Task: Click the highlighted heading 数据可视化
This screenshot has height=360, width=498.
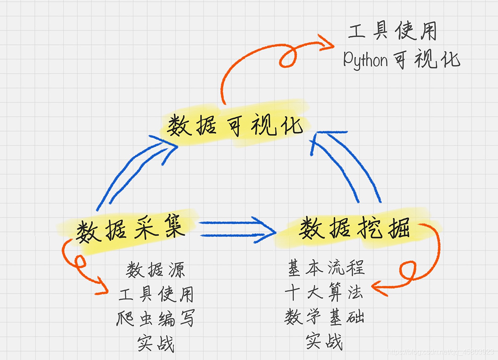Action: click(x=235, y=125)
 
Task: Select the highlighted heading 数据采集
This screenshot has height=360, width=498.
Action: click(x=130, y=230)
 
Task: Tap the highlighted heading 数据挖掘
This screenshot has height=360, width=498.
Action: click(x=354, y=229)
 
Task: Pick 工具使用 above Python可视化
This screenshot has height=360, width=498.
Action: click(x=392, y=31)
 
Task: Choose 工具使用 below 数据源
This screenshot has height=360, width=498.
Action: click(x=156, y=295)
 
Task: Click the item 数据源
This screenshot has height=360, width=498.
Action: click(x=156, y=270)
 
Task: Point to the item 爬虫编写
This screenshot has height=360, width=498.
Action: click(x=156, y=319)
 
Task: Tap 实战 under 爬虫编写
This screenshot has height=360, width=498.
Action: click(x=156, y=343)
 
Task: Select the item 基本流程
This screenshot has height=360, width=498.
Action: click(x=326, y=267)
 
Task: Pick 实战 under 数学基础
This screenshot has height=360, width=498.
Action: click(x=324, y=341)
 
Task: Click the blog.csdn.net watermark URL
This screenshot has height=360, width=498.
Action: click(x=440, y=352)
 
